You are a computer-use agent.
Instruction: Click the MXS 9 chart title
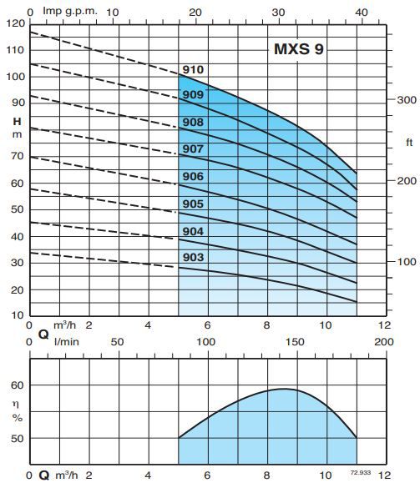(300, 48)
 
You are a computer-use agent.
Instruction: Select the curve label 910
(194, 69)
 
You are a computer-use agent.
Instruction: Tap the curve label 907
(194, 150)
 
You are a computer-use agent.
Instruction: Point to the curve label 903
(194, 258)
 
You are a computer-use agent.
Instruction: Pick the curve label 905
(194, 204)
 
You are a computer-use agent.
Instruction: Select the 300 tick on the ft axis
(406, 99)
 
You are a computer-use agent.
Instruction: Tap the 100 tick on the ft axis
(406, 262)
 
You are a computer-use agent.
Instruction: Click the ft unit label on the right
(408, 143)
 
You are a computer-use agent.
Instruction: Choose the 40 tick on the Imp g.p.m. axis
(361, 11)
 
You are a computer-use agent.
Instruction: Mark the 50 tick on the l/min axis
(117, 342)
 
